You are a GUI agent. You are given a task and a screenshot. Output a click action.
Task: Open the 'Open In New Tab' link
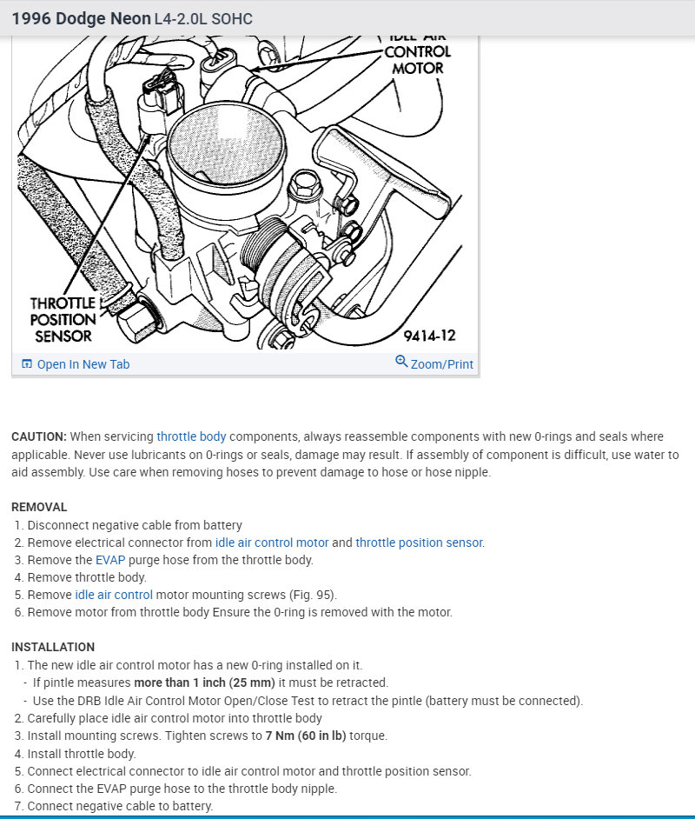pos(83,364)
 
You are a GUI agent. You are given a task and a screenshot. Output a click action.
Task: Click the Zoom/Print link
pos(441,364)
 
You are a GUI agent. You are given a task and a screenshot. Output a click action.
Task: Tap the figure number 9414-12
pos(429,336)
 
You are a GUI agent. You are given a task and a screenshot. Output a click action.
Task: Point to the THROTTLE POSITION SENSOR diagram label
pos(63,320)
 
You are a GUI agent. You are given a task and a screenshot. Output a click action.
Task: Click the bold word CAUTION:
pos(39,436)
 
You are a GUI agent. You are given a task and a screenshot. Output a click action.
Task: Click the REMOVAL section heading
pos(39,507)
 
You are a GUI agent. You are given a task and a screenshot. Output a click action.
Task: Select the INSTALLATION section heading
pos(53,647)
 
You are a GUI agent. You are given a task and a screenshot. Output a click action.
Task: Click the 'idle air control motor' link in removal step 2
pos(272,543)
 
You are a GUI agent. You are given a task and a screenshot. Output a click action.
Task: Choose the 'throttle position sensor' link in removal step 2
pos(419,543)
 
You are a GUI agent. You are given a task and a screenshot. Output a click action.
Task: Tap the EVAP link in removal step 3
pos(110,560)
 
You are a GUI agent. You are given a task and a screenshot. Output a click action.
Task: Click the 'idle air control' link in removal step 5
pos(114,595)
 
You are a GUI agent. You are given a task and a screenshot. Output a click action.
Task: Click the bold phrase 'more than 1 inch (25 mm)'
pos(206,682)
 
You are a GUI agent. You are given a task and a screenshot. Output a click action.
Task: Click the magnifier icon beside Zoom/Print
pos(401,362)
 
